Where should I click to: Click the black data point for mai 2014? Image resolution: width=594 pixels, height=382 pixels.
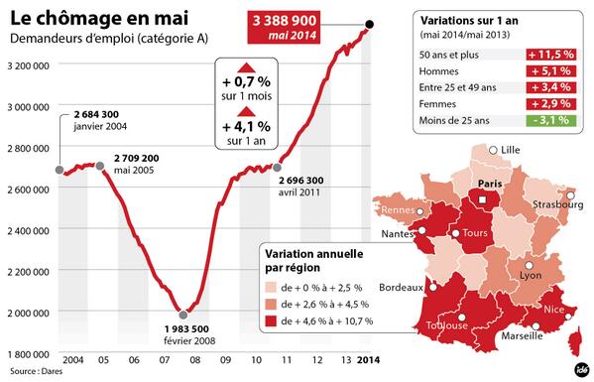click(370, 24)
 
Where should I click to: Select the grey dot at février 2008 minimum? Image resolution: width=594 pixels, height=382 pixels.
click(181, 316)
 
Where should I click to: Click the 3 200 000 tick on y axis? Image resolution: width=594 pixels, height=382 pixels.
click(30, 64)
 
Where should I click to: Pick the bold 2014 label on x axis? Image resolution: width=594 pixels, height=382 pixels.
click(367, 358)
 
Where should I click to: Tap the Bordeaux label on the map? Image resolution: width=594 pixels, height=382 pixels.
click(405, 289)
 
